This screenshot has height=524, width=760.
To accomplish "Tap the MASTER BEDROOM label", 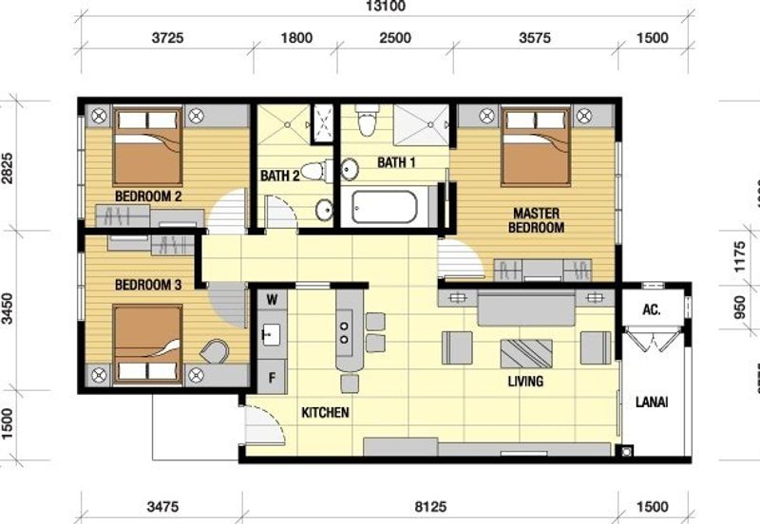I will click(537, 220).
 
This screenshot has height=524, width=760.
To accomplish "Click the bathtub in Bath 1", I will click(385, 207).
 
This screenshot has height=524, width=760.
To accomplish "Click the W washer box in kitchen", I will click(272, 300).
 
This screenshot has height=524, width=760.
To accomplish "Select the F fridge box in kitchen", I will click(272, 376).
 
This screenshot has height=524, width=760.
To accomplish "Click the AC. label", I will click(652, 310).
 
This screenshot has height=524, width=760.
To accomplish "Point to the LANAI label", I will click(652, 402).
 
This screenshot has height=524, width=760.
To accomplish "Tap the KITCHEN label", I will click(326, 413).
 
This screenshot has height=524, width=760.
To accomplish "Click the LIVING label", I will click(525, 382).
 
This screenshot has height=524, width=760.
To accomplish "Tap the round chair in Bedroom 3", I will click(217, 351).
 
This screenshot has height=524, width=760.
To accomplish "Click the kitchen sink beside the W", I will click(271, 333).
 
